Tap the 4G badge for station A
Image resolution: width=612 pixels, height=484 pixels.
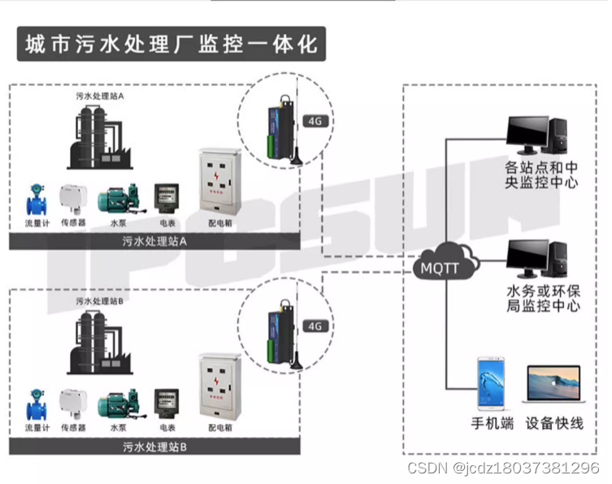pos(314,123)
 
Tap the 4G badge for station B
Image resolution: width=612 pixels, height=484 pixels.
pos(314,326)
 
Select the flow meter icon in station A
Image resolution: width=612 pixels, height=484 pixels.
pos(36,200)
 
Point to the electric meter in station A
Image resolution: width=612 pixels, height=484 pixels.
pos(167,198)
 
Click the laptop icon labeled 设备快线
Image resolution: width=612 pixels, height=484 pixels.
pos(553,387)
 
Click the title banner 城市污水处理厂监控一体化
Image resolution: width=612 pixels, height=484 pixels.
pos(171,44)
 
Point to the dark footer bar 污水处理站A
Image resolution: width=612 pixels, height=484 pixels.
pos(155,241)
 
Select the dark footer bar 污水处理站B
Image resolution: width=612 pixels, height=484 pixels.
pos(155,447)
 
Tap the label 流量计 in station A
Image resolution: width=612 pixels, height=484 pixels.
pos(37,222)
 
